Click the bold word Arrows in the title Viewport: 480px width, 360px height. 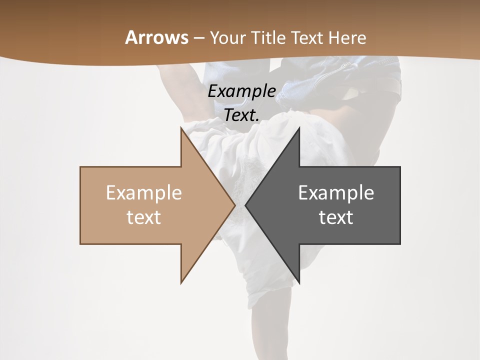(156, 37)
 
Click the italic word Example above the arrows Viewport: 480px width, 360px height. (241, 91)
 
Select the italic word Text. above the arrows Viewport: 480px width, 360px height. (241, 115)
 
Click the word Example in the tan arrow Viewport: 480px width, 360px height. (144, 193)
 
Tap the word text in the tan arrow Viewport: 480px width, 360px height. (144, 217)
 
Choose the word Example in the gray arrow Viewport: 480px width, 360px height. (336, 193)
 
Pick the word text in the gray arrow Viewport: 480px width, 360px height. (336, 217)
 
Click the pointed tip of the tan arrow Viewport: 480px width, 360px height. (234, 205)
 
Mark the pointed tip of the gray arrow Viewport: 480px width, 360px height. (246, 205)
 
